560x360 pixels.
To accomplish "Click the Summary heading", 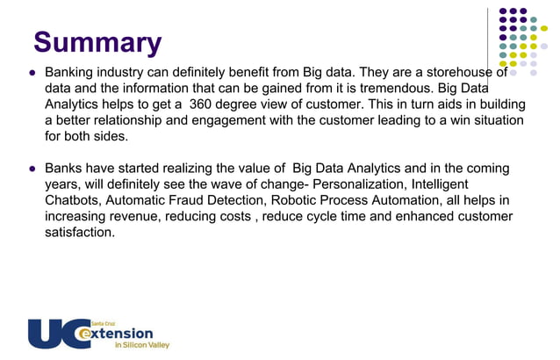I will tap(97, 43).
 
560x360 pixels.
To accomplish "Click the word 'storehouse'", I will tap(448, 72).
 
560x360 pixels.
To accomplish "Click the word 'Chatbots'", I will tap(74, 200).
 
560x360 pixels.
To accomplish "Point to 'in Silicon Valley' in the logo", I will tap(143, 346).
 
